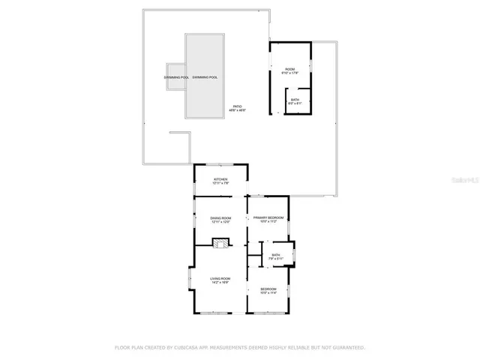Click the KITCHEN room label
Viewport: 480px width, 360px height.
coord(220,179)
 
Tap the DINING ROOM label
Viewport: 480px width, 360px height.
coord(220,217)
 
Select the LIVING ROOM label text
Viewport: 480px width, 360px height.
coord(220,278)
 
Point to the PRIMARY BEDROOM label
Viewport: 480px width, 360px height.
coord(268,217)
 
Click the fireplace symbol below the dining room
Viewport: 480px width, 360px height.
coord(220,242)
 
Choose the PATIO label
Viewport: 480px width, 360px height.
coord(237,106)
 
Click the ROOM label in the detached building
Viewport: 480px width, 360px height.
coord(289,69)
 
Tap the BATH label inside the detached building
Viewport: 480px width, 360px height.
coord(295,99)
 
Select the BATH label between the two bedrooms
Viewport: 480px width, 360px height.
coord(276,255)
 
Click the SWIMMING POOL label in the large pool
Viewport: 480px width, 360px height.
coord(205,77)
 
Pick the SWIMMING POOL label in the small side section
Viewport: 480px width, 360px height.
coord(176,77)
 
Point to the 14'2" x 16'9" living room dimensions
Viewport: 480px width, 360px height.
coord(220,283)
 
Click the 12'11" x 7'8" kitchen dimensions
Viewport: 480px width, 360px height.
coord(220,183)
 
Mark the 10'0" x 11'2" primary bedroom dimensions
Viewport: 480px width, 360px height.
coord(268,222)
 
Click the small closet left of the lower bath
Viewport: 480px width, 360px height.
coord(255,259)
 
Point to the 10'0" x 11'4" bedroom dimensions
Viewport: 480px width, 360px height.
coord(268,293)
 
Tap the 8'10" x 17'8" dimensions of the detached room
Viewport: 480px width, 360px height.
coord(289,73)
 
